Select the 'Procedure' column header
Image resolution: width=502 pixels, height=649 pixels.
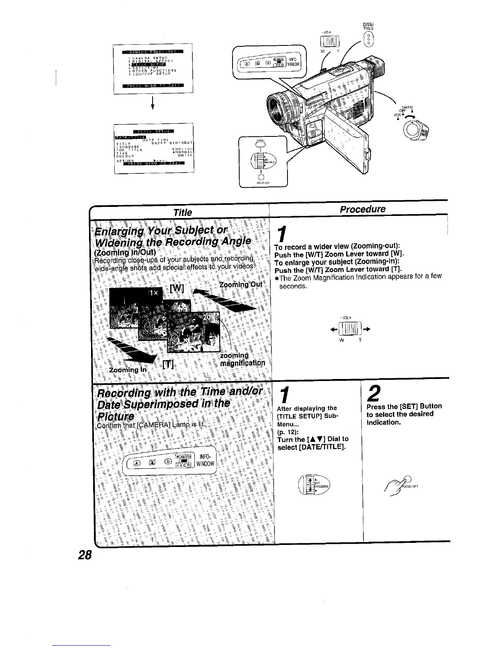coord(363,209)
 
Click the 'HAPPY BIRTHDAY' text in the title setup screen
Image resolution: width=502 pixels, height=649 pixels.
coord(170,143)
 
